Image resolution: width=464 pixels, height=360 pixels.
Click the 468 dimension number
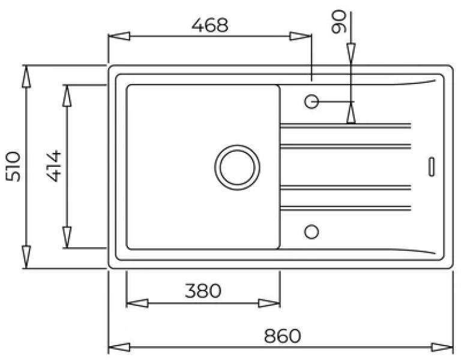pos(210,25)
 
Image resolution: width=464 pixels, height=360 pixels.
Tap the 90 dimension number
pos(339,22)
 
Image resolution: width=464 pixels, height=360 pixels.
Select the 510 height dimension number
pos(13,166)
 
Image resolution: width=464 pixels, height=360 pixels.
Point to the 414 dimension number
pos(54,166)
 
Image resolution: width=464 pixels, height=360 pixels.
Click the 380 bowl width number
pos(203,291)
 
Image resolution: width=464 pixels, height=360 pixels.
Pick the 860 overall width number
pos(282,336)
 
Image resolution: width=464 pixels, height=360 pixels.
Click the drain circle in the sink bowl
pos(237,167)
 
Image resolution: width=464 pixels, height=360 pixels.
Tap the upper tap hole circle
pos(312,101)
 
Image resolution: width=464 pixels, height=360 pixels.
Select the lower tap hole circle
pos(312,232)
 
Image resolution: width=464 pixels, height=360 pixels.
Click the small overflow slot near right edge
pos(432,167)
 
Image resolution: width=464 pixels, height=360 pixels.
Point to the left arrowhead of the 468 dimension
pos(119,36)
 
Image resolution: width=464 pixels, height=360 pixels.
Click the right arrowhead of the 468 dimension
pos(300,36)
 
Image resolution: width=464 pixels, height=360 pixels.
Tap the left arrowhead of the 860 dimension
pos(119,347)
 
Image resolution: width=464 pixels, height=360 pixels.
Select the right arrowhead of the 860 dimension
pos(442,347)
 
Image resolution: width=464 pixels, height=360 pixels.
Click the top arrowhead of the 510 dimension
pos(26,76)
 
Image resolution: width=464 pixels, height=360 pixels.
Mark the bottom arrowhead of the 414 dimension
pos(67,237)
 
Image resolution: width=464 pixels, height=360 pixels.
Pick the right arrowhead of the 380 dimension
pos(269,303)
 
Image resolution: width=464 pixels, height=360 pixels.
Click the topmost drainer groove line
pos(345,126)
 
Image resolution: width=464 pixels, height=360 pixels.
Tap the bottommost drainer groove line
pos(345,208)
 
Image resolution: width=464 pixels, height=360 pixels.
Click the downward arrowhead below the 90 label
pos(351,53)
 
